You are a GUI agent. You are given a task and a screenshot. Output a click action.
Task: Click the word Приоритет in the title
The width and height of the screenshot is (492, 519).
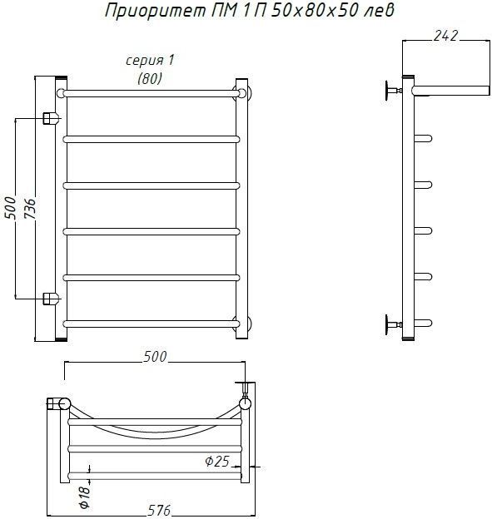click(156, 12)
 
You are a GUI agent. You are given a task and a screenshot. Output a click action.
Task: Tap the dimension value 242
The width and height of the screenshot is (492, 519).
click(445, 36)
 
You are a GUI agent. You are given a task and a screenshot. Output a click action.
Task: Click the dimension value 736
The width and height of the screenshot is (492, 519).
click(31, 209)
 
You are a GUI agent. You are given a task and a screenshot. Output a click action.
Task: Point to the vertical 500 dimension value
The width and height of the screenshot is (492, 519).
click(10, 208)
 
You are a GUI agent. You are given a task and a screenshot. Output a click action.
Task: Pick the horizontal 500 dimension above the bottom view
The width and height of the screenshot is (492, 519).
click(155, 357)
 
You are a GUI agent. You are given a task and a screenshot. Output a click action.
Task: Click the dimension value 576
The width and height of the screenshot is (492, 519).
click(159, 510)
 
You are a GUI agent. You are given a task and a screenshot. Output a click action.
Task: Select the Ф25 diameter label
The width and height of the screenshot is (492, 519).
click(217, 461)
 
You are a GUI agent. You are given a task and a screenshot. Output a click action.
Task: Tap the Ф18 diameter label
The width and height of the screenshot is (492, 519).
click(85, 497)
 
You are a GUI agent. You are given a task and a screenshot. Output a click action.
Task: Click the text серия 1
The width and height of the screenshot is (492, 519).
click(150, 61)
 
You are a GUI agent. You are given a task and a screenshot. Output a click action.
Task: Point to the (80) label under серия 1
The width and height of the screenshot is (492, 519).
click(150, 78)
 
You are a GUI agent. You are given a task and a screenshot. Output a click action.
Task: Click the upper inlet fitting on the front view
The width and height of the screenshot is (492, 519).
click(51, 118)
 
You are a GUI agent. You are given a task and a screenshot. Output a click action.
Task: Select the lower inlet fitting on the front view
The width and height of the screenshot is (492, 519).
click(51, 299)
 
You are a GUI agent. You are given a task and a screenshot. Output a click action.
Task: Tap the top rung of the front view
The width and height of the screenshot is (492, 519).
click(151, 93)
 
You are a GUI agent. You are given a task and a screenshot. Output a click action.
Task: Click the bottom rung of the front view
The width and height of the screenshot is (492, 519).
click(151, 324)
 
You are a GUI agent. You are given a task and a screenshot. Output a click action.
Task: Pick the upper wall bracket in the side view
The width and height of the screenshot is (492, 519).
click(393, 91)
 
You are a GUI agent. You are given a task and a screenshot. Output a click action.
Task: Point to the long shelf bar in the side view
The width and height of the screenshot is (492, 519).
click(451, 90)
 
